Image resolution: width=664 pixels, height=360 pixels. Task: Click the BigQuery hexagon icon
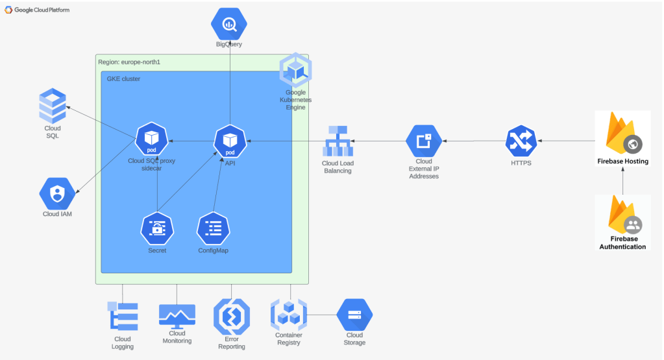coord(229,24)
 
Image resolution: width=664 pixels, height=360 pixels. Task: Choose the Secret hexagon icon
coord(158,228)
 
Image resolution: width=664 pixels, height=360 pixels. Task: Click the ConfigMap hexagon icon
coord(214,228)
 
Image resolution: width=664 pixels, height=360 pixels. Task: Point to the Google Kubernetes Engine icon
coord(296,71)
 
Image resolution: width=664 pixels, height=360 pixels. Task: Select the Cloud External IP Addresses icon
coord(424,141)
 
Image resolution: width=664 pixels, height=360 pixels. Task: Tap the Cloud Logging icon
coord(123,317)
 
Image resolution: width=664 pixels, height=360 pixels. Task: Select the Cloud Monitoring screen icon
coord(177,316)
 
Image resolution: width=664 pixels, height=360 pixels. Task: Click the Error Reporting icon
coord(232,317)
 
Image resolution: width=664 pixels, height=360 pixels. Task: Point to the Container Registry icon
coord(288,315)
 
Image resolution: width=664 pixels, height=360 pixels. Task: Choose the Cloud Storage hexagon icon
coord(354,315)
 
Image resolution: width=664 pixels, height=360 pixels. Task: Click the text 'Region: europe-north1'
coord(129,62)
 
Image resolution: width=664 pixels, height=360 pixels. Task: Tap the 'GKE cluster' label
coord(123,79)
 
